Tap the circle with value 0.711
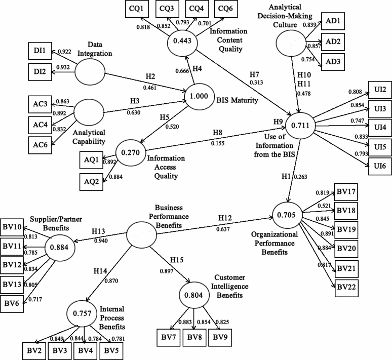[301, 124]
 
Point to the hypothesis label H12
[226, 218]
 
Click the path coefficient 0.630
[133, 112]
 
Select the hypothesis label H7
[254, 75]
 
